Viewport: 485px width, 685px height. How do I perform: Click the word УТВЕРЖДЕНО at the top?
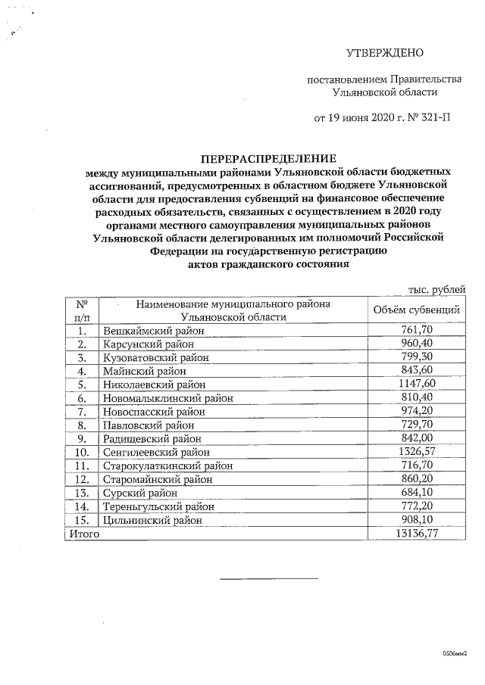[384, 53]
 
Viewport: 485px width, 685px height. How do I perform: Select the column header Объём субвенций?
[417, 310]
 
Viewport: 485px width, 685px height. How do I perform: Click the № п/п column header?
[83, 310]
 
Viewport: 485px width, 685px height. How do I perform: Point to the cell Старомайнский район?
[154, 480]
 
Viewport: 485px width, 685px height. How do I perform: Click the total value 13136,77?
[416, 534]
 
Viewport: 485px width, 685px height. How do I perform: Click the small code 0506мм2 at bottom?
[455, 652]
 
